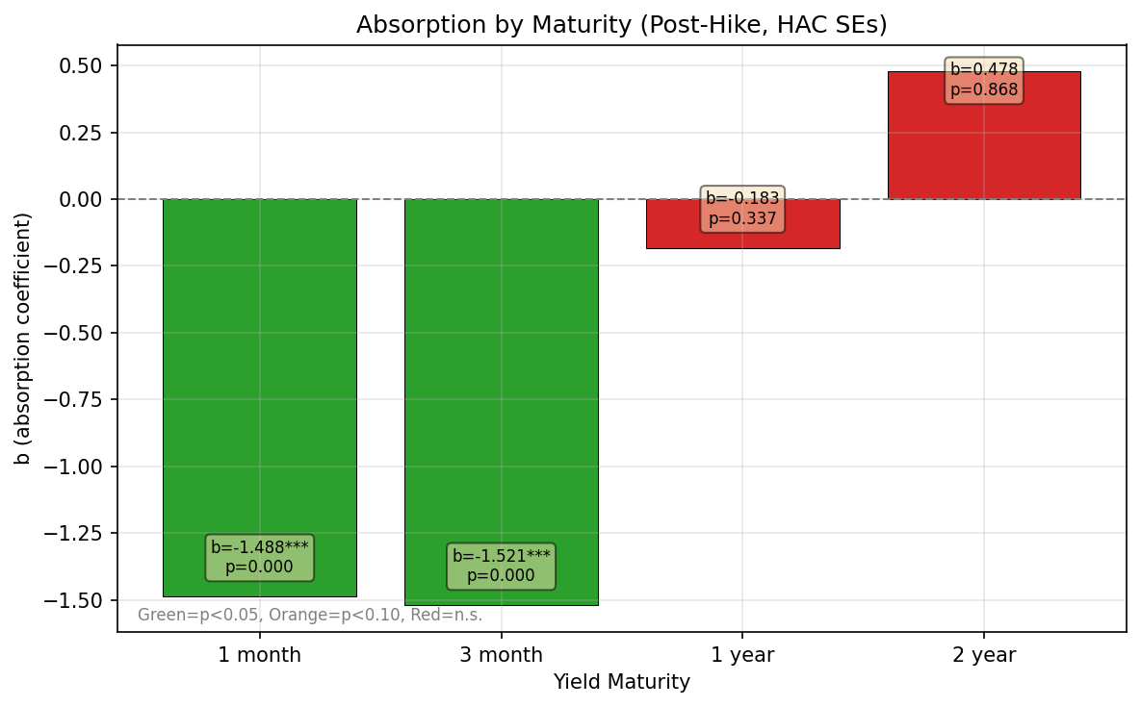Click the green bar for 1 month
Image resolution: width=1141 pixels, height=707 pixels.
click(259, 385)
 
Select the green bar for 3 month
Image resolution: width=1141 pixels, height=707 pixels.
click(501, 385)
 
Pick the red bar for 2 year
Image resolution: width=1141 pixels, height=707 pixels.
click(983, 144)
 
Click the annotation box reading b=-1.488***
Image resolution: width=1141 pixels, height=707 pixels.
click(259, 557)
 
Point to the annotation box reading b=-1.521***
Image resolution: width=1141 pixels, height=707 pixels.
click(501, 566)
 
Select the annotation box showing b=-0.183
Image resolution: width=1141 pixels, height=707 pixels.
click(742, 208)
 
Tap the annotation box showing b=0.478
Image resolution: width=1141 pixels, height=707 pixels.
click(983, 80)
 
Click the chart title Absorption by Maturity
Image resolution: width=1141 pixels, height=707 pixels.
click(621, 25)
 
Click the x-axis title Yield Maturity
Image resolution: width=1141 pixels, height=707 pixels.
click(621, 682)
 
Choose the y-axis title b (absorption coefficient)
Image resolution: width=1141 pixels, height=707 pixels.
click(23, 338)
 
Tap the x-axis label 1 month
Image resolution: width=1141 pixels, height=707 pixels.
click(259, 655)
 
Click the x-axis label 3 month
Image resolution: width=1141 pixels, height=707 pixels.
click(501, 655)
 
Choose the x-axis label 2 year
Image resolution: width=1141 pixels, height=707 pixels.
click(983, 655)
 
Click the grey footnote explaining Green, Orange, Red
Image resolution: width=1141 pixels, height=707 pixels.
click(310, 615)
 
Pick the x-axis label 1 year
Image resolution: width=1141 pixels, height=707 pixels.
click(742, 655)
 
